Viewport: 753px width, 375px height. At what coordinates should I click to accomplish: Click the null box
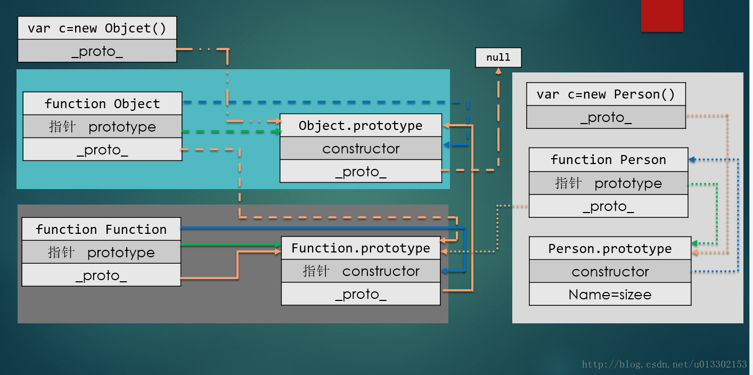498,58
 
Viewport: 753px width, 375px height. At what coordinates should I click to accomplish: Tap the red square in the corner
661,16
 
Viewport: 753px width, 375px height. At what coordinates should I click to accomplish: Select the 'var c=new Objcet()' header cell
97,28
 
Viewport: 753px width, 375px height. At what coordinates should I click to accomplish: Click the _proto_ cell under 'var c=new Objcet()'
97,51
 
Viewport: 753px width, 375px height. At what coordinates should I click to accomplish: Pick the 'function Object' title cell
102,103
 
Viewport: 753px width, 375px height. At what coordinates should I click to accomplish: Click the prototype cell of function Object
102,127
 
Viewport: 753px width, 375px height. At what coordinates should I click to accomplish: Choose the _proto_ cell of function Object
102,150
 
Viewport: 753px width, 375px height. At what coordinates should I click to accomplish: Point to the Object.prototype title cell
361,126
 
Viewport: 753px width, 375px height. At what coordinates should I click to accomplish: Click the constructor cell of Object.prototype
361,149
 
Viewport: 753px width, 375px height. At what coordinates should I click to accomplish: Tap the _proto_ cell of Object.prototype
361,172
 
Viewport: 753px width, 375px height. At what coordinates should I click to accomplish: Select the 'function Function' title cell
101,229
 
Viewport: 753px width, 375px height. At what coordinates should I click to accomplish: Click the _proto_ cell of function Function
101,275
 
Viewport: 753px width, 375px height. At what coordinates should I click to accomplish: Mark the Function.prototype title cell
361,248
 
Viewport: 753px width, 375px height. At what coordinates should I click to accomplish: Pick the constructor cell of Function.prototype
361,271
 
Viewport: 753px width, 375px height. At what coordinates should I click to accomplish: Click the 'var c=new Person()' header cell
605,94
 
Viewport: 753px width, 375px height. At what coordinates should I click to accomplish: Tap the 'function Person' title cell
608,160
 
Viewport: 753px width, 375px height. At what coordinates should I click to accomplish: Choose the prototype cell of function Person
608,183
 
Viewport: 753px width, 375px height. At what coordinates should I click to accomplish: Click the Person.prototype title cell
610,249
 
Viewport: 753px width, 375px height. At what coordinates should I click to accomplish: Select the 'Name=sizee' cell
610,295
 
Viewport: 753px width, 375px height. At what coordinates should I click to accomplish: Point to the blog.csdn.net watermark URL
664,364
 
